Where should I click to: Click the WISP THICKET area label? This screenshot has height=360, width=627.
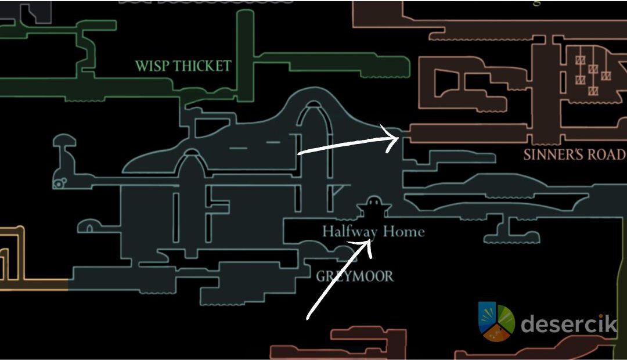183,66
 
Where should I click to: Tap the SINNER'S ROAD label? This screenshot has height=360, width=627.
574,155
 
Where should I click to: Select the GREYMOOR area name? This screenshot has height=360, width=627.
354,276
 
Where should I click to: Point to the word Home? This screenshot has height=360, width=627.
403,232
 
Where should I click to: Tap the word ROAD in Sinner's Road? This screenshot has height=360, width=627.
607,155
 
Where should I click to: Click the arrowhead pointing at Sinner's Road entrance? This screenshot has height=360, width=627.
397,138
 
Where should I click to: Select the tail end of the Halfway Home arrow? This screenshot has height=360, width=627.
308,318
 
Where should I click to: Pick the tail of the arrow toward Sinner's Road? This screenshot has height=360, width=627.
298,153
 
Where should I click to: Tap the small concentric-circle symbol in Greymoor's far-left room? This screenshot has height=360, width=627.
59,184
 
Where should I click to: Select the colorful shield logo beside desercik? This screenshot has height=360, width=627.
496,321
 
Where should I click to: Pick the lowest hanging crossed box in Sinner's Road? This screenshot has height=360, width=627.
593,91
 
